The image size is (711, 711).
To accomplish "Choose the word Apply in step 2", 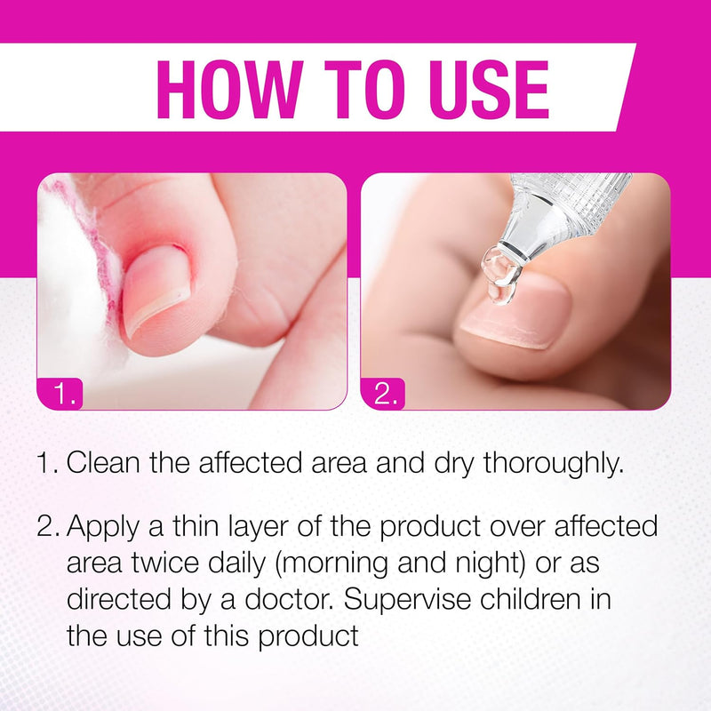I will click(104, 526).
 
